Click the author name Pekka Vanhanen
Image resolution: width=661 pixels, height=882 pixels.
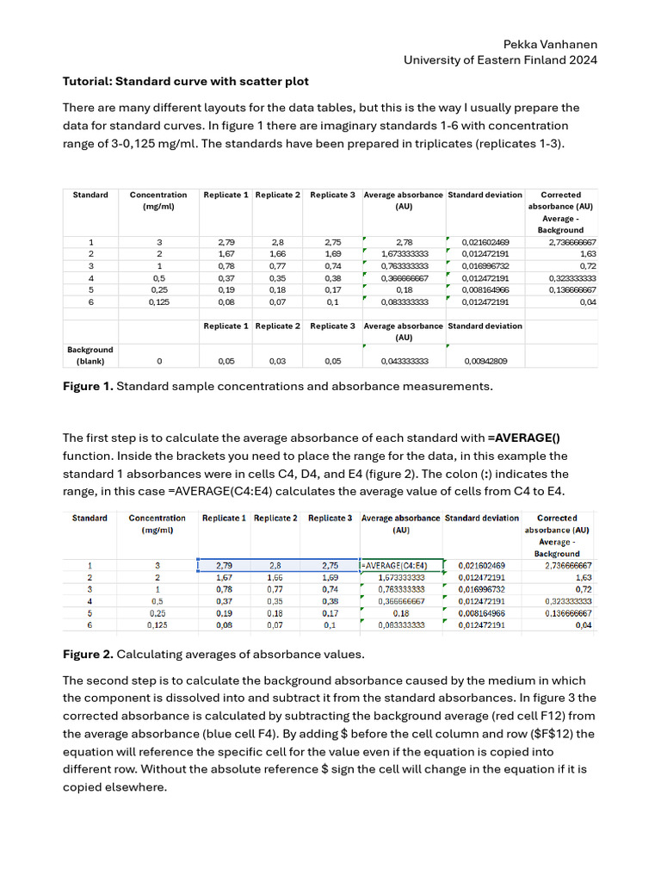550,44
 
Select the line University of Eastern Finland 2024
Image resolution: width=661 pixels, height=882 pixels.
500,60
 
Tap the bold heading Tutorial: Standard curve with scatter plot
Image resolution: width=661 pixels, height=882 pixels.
186,82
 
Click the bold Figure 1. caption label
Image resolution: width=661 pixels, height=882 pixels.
88,387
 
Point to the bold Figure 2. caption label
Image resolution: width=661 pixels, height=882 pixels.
88,654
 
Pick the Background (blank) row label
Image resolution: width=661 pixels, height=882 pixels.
90,356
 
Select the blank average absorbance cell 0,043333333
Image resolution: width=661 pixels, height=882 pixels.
404,362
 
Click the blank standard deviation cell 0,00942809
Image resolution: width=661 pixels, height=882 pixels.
485,362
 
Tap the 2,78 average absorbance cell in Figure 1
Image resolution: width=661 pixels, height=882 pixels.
404,243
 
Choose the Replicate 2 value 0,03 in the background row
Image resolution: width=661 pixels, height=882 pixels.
277,362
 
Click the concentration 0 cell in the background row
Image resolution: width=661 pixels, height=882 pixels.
158,362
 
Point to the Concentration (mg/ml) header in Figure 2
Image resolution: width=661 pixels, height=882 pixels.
157,524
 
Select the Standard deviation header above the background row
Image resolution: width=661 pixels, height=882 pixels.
485,326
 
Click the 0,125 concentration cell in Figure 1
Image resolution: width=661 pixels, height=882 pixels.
158,302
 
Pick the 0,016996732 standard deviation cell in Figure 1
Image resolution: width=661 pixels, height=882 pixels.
485,267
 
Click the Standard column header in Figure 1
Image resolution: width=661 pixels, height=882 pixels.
90,196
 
